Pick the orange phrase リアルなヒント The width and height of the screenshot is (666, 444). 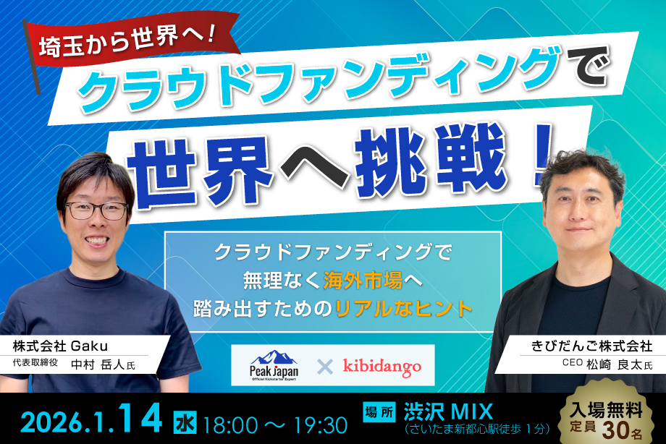click(405, 307)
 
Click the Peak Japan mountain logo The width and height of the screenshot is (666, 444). click(274, 366)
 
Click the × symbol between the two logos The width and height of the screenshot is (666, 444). click(326, 367)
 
